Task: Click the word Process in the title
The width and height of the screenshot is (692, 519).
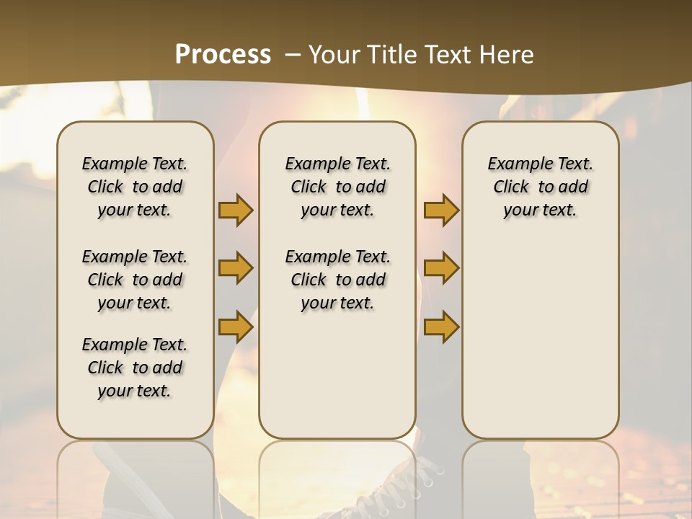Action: pos(223,55)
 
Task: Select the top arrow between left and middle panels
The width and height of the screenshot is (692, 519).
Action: pos(236,210)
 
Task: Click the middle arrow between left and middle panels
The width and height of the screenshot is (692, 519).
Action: pos(236,269)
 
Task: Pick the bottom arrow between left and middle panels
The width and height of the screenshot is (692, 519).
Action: pos(236,327)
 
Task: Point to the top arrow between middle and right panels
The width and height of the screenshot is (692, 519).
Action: pos(441,210)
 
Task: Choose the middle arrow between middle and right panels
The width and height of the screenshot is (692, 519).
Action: pos(441,269)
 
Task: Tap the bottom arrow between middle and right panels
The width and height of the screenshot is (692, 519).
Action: pos(441,327)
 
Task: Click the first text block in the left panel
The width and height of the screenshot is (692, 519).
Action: pos(135,187)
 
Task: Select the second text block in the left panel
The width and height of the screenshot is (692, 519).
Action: pos(135,280)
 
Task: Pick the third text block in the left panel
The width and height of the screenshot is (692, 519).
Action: pos(135,368)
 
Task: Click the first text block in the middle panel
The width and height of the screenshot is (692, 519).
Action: pos(338,187)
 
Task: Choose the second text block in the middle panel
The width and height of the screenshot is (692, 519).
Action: pos(338,280)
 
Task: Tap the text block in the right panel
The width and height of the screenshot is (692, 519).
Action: pos(541,187)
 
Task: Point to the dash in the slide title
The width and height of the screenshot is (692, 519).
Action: pos(293,55)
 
